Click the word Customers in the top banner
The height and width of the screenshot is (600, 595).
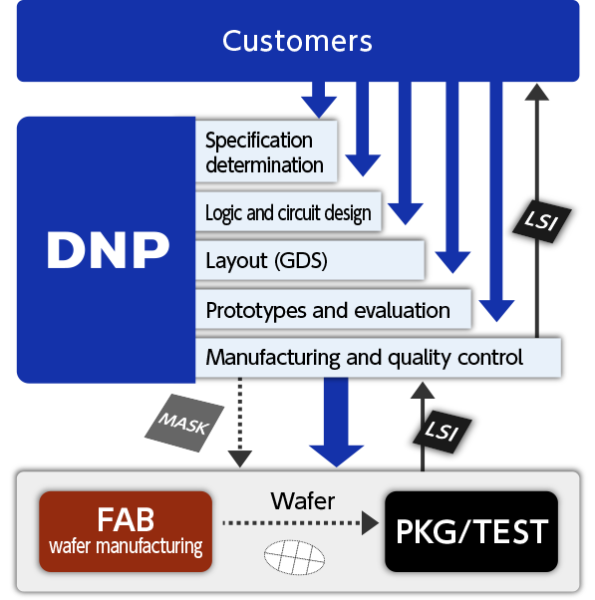297,41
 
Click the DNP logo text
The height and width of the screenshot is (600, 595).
109,251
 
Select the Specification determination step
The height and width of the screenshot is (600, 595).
265,152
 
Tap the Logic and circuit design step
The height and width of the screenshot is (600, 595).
288,212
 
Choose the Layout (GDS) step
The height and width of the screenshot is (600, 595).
266,261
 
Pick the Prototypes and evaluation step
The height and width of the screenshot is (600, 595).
328,310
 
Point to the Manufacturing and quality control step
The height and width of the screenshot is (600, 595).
364,356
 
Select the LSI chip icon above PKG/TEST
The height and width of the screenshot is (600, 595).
438,430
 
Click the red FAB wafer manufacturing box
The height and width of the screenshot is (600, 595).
127,531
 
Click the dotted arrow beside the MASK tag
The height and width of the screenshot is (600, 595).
239,424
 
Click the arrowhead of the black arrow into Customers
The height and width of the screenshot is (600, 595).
538,92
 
